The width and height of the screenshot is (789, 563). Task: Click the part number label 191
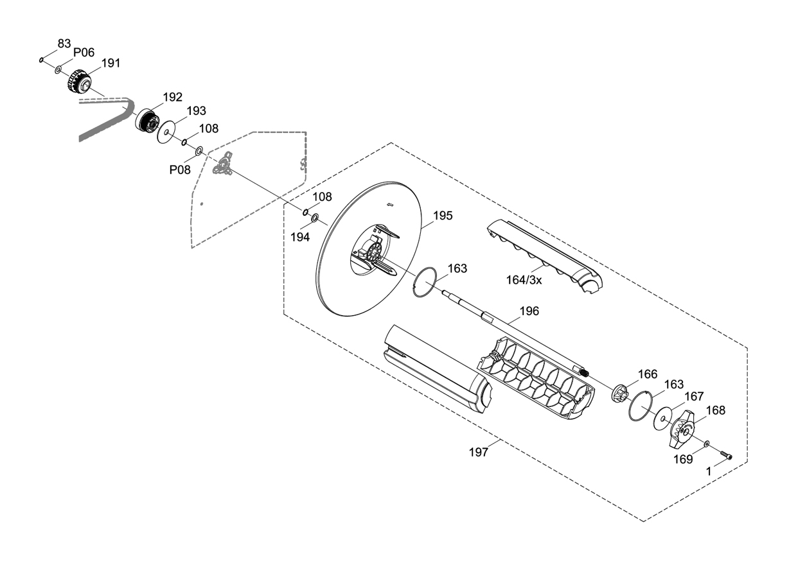[x=111, y=64]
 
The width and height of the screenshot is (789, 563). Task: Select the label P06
[x=84, y=53]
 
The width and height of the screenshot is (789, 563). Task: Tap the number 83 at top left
[x=64, y=43]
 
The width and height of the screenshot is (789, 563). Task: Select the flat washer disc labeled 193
[x=167, y=133]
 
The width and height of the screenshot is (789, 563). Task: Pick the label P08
[x=180, y=169]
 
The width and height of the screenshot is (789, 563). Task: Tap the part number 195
[x=443, y=216]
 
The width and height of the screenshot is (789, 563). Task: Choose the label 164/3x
[x=524, y=280]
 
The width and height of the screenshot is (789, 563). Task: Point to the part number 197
[x=478, y=452]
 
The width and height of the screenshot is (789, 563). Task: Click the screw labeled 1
[x=727, y=456]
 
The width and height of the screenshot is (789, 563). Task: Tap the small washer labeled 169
[x=707, y=444]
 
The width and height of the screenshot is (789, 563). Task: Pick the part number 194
[x=300, y=237]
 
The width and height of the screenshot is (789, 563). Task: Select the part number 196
[x=529, y=311]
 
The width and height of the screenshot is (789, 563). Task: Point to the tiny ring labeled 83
[x=41, y=60]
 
